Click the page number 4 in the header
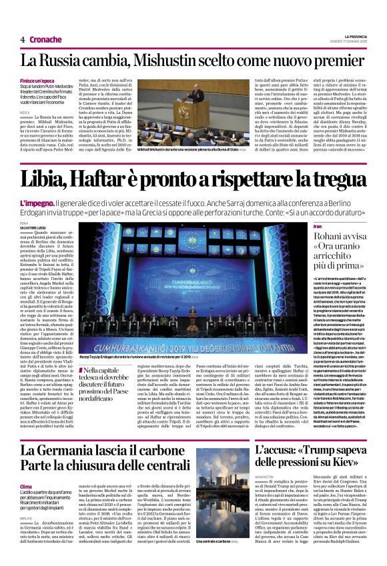pos(23,39)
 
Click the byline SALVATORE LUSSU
pos(34,210)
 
